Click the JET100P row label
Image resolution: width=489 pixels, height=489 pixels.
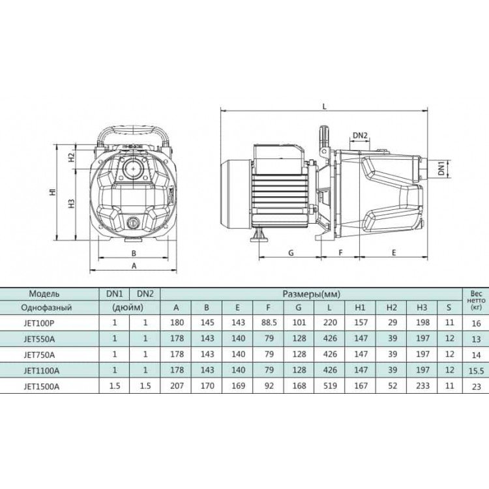[x=38, y=323]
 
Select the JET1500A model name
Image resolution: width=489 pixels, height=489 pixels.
[x=41, y=387]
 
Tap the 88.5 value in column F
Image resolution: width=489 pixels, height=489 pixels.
[x=269, y=323]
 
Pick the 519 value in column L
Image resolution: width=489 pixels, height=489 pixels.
[x=330, y=386]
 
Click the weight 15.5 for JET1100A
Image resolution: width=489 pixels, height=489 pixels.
[x=476, y=371]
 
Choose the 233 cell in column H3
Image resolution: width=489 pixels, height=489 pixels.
[x=422, y=386]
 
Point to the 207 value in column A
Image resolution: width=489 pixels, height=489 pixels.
[x=177, y=386]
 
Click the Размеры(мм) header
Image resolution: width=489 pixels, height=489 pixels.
[x=311, y=294]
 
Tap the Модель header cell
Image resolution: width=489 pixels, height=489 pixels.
[x=44, y=293]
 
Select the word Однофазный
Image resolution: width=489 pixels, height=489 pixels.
[x=46, y=308]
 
